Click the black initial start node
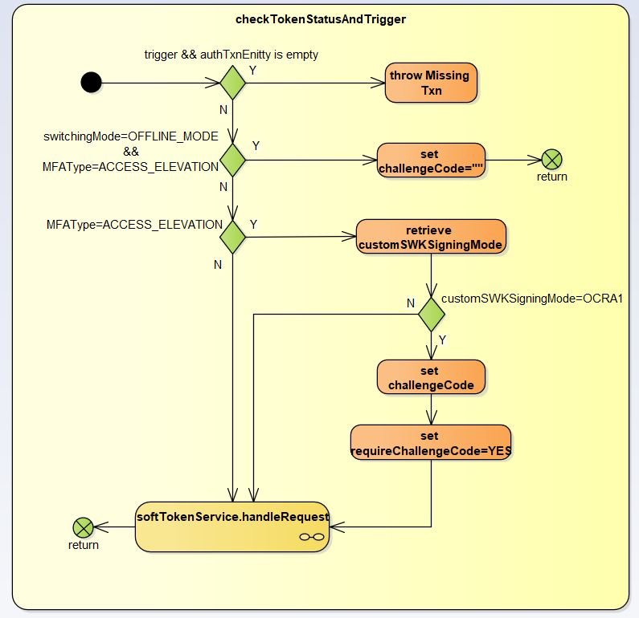click(x=91, y=82)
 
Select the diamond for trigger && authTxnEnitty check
click(x=232, y=82)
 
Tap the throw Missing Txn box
click(x=431, y=83)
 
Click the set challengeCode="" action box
click(x=431, y=160)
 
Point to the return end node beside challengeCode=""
click(x=551, y=159)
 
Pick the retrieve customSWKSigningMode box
click(x=432, y=237)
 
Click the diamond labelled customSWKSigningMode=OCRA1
click(x=432, y=314)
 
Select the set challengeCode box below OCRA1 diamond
click(x=432, y=376)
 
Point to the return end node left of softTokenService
click(x=83, y=527)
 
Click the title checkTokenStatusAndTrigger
click(x=321, y=19)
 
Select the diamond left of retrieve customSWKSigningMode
click(x=232, y=237)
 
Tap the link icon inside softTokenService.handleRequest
click(x=311, y=537)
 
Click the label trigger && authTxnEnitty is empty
click(x=231, y=55)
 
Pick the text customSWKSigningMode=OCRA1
click(x=533, y=299)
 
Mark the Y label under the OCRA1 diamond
click(x=442, y=340)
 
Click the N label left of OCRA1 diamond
click(x=410, y=303)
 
